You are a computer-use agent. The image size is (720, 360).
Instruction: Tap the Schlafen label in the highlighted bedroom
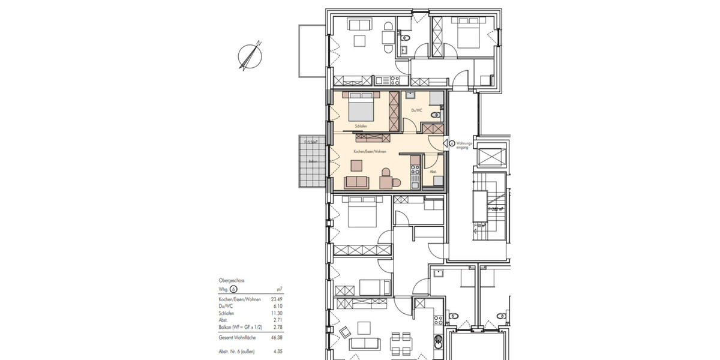(361, 126)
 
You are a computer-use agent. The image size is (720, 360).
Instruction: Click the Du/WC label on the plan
(416, 110)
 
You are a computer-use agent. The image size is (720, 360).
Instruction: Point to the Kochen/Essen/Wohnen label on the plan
(369, 152)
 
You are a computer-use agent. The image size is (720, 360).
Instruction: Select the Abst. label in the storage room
(433, 172)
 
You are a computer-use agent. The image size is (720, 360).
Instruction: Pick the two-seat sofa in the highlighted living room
(356, 182)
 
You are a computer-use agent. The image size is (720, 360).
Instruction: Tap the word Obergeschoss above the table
(232, 280)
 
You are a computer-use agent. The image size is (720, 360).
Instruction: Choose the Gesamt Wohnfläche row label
(238, 338)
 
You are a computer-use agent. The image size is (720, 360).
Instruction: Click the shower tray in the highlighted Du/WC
(436, 98)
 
